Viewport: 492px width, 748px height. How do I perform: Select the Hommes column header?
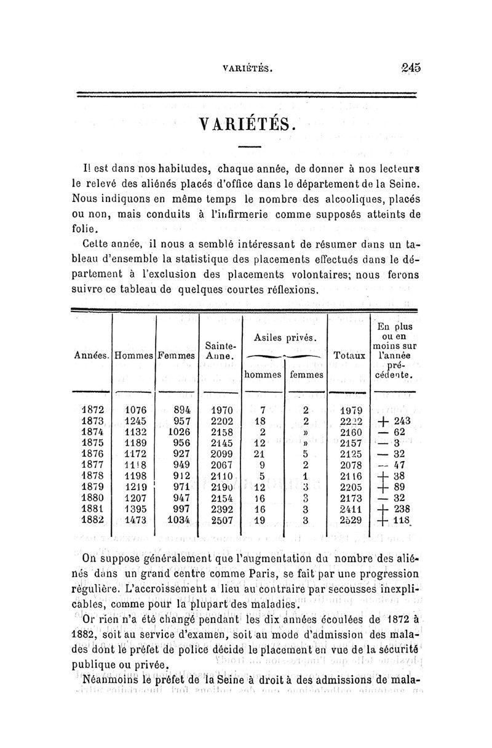[x=134, y=355]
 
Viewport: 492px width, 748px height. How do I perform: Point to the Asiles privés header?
[x=285, y=337]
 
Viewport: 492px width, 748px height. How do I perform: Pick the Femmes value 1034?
[x=178, y=520]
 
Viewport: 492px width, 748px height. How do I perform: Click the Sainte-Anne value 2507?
[x=221, y=520]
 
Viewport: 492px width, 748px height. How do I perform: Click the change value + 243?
[x=395, y=420]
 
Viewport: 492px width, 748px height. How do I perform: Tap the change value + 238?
[x=395, y=509]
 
